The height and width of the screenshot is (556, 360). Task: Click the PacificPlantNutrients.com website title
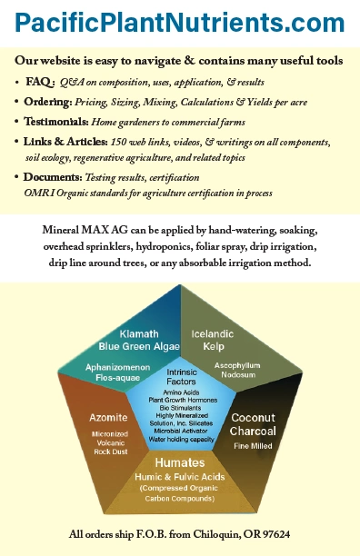click(x=179, y=22)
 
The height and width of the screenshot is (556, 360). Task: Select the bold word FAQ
click(x=41, y=82)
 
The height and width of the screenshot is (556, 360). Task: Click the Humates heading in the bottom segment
click(x=179, y=462)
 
